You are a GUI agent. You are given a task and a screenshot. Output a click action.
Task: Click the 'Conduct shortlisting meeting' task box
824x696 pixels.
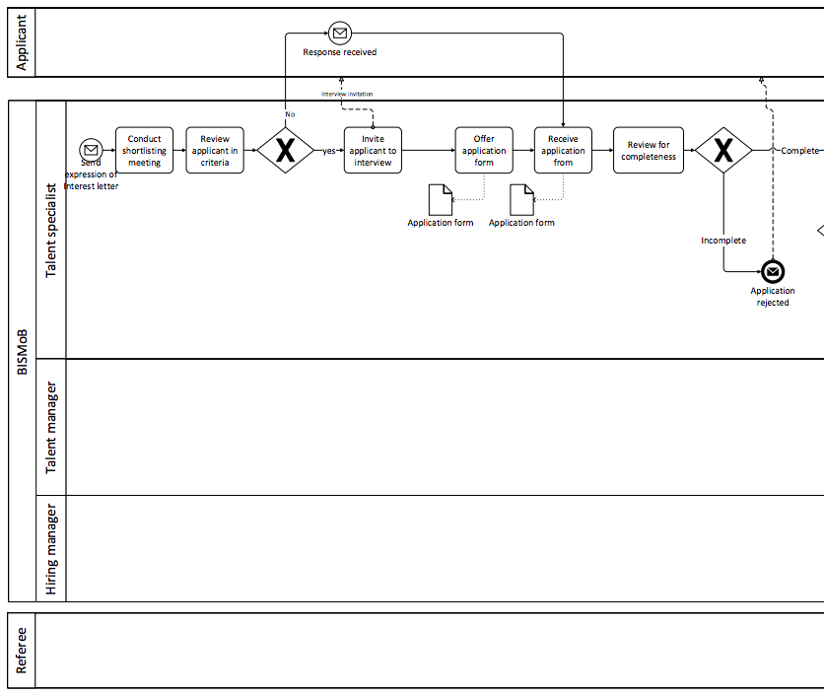pyautogui.click(x=144, y=150)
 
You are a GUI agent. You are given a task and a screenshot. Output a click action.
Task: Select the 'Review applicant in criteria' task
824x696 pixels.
pyautogui.click(x=215, y=150)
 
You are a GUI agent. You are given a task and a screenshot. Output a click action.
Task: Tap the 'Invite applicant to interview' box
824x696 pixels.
pyautogui.click(x=373, y=150)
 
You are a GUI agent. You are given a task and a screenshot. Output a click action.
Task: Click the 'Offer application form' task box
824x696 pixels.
pyautogui.click(x=484, y=150)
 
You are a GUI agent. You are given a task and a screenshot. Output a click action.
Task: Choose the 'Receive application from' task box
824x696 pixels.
pyautogui.click(x=563, y=150)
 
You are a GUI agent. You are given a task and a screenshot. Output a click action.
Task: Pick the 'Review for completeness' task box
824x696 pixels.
pyautogui.click(x=648, y=150)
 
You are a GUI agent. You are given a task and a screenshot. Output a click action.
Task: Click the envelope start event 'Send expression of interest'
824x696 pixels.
pyautogui.click(x=91, y=150)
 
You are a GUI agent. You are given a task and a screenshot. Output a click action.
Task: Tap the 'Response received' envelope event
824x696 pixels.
pyautogui.click(x=339, y=34)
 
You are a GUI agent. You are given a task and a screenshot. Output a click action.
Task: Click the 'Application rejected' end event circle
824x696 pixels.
pyautogui.click(x=773, y=271)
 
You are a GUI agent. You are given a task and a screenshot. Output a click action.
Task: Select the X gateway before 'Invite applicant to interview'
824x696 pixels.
pyautogui.click(x=285, y=150)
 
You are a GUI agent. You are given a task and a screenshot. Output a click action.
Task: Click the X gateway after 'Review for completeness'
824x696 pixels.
pyautogui.click(x=723, y=150)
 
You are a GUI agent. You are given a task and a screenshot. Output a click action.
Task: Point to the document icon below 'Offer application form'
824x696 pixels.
pyautogui.click(x=441, y=200)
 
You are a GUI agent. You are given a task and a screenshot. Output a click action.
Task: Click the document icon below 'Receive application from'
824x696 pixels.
pyautogui.click(x=521, y=200)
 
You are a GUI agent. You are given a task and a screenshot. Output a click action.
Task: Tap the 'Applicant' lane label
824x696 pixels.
pyautogui.click(x=22, y=42)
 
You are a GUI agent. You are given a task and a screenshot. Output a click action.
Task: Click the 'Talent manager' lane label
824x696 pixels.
pyautogui.click(x=51, y=427)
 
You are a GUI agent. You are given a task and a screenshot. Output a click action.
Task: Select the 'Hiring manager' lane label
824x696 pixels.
pyautogui.click(x=51, y=548)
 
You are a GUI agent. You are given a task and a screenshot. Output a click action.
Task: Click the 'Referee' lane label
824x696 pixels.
pyautogui.click(x=22, y=651)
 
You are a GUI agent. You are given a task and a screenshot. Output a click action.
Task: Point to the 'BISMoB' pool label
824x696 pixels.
pyautogui.click(x=22, y=351)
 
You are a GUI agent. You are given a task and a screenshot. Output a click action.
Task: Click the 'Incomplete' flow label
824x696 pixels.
pyautogui.click(x=723, y=241)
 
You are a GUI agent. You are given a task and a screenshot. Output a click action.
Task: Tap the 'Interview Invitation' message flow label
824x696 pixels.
pyautogui.click(x=347, y=94)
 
